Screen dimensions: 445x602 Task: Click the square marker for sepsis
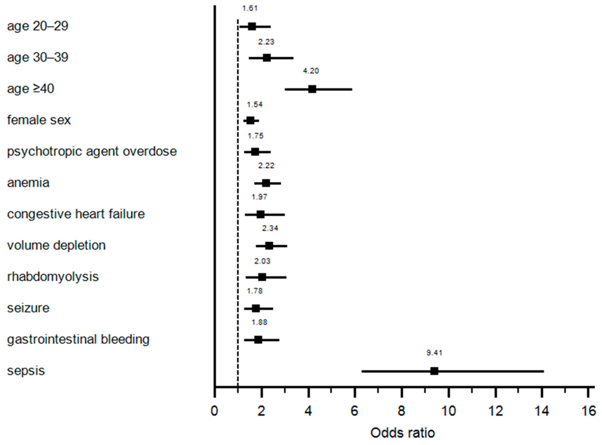[434, 371]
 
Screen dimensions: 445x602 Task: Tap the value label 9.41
[434, 353]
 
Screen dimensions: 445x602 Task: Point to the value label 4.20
[311, 71]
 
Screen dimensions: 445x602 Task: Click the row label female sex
[39, 120]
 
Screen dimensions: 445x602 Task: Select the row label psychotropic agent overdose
[92, 151]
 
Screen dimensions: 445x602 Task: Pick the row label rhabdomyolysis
[53, 277]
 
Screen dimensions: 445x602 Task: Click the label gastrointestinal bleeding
[78, 339]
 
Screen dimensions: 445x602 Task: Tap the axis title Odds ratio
[403, 433]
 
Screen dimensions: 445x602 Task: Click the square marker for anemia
[266, 183]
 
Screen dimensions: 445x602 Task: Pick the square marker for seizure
[256, 308]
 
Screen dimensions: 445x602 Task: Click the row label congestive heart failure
[76, 214]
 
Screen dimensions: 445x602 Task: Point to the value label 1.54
[255, 105]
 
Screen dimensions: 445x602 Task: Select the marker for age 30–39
[267, 58]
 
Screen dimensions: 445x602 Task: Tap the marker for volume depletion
[269, 246]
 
